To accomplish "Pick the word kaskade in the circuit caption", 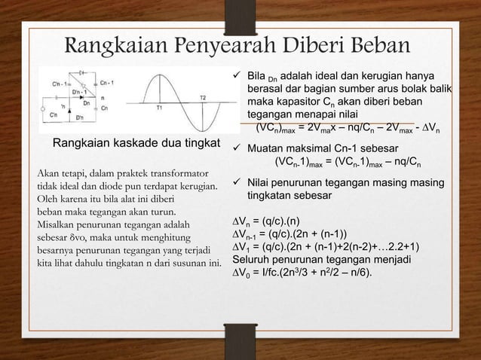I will (136, 144).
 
